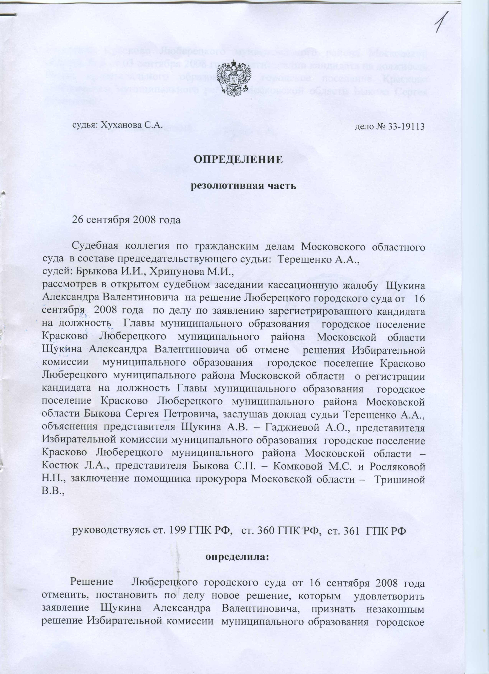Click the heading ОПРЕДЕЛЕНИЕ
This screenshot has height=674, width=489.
238,160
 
